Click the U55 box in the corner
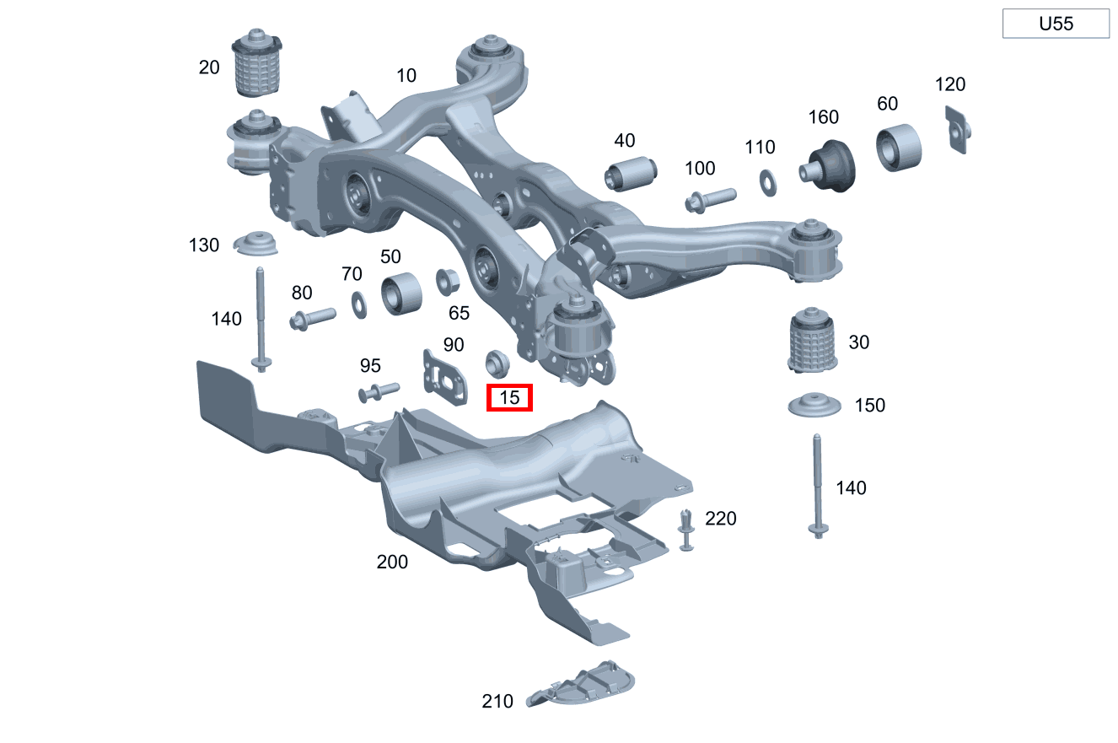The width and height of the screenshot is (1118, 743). click(x=1056, y=24)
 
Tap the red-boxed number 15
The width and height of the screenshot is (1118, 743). click(x=509, y=397)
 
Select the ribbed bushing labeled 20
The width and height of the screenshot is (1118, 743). click(x=256, y=63)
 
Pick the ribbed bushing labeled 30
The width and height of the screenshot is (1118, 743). click(x=812, y=340)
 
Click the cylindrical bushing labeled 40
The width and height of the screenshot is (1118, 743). click(x=631, y=174)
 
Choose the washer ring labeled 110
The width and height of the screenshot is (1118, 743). click(x=767, y=183)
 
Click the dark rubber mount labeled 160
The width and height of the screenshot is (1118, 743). click(x=829, y=166)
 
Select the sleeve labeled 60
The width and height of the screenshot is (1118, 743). click(x=899, y=148)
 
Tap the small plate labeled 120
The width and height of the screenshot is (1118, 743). click(x=958, y=130)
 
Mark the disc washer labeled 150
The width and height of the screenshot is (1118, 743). click(x=814, y=405)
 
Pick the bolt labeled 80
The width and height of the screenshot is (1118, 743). click(x=313, y=319)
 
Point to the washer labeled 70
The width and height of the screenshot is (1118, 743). click(x=359, y=305)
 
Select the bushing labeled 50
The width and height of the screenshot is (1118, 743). click(x=401, y=293)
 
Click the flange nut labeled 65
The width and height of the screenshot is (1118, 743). click(x=447, y=282)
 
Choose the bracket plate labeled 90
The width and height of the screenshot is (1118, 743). click(x=445, y=378)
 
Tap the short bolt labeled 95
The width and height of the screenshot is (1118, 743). click(x=379, y=392)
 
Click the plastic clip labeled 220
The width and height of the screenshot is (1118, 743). click(x=686, y=530)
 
